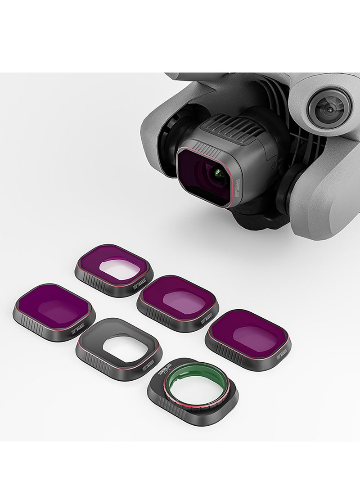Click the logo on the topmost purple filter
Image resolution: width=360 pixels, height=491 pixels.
140,284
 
